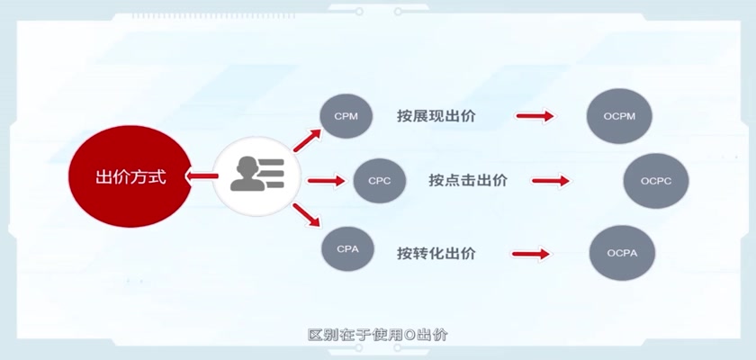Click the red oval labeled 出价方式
[x=130, y=176]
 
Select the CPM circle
[x=346, y=116]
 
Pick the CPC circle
[x=380, y=181]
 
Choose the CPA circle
[x=347, y=249]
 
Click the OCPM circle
[x=619, y=116]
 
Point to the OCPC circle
[x=656, y=181]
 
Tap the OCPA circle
[x=622, y=253]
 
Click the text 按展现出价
[x=436, y=116]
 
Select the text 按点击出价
[x=468, y=181]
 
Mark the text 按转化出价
[x=436, y=254]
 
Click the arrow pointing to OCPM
[x=535, y=116]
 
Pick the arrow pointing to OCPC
[x=551, y=181]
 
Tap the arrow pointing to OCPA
[x=531, y=254]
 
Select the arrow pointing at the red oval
[x=202, y=175]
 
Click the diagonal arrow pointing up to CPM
[x=307, y=140]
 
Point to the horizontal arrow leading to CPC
[x=327, y=181]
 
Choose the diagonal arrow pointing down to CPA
[x=307, y=215]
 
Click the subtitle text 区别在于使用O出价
[x=377, y=335]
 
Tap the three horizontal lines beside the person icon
[x=274, y=174]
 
